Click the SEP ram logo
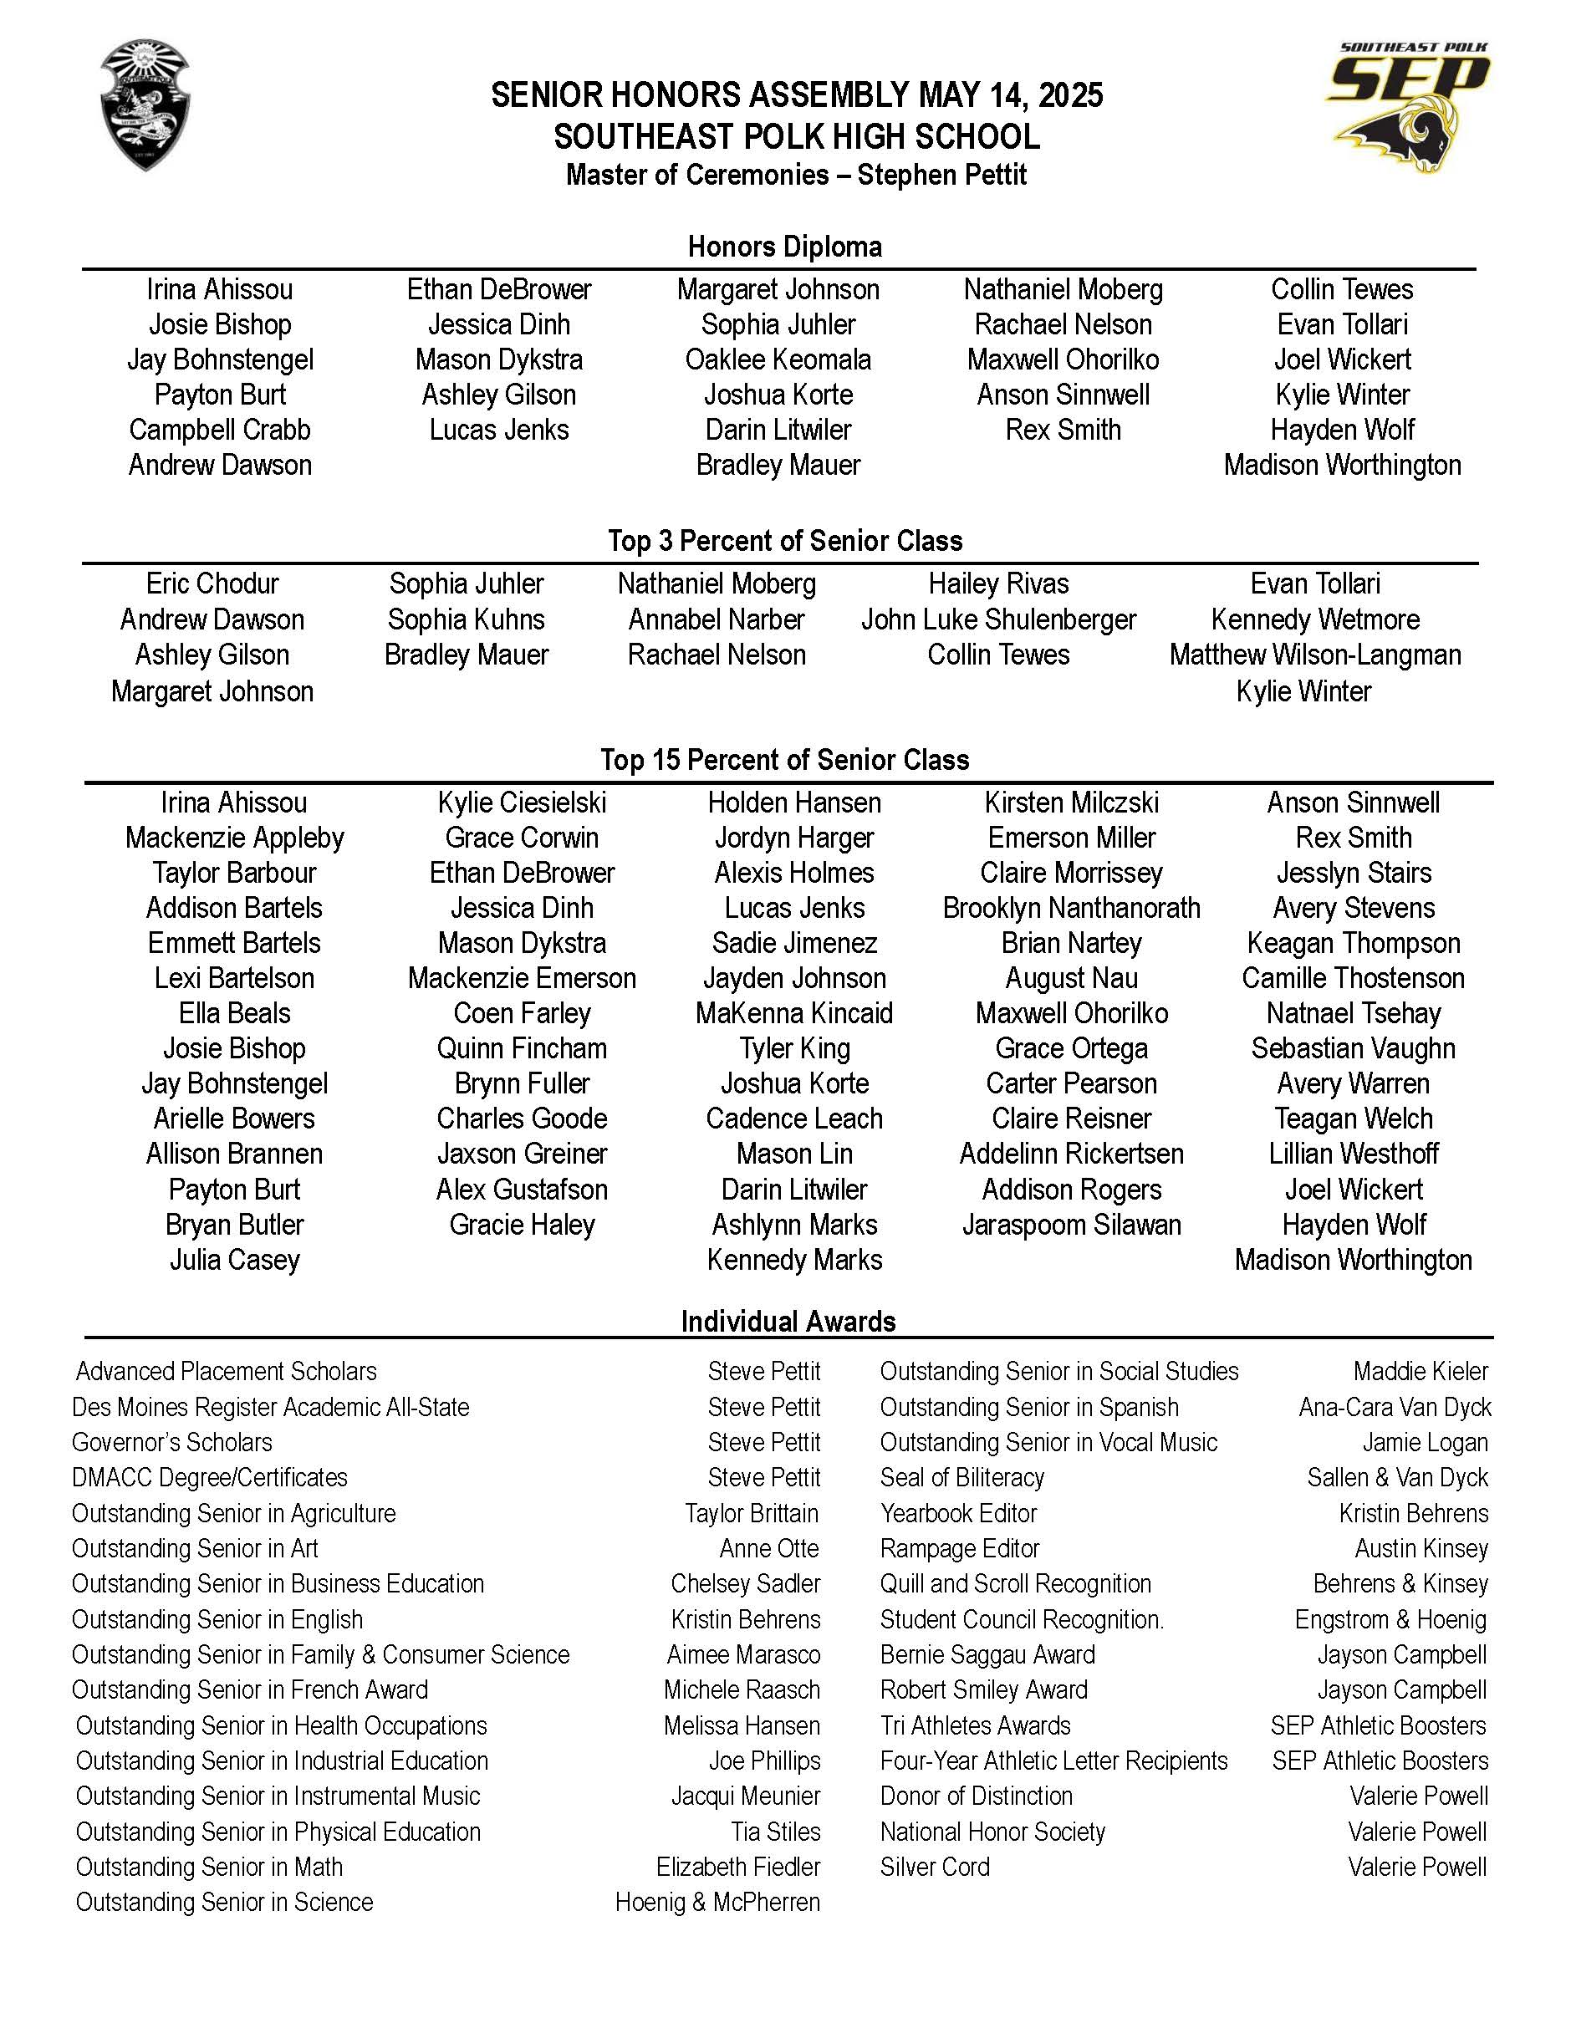coord(1408,106)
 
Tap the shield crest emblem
coord(145,104)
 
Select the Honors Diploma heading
coord(784,247)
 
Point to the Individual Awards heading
coord(788,1321)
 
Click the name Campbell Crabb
coord(220,430)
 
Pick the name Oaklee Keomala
coord(778,359)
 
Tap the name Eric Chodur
coord(212,583)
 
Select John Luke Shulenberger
coord(998,619)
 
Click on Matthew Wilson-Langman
coord(1315,655)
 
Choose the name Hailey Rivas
coord(998,583)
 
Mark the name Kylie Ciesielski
coord(522,803)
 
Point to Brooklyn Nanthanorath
coord(1072,908)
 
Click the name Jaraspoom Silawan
coord(1072,1225)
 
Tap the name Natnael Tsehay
coord(1354,1013)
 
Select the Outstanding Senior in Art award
coord(195,1549)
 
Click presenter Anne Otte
coord(769,1549)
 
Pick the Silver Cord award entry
coord(935,1868)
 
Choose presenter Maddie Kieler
coord(1420,1371)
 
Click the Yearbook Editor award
coord(958,1514)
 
